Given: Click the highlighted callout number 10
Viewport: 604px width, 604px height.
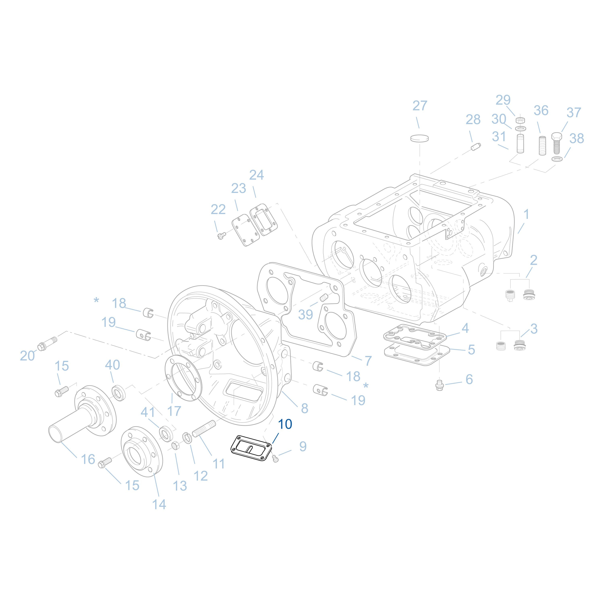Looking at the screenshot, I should coord(285,424).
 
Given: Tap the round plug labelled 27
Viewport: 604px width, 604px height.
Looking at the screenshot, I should coord(419,138).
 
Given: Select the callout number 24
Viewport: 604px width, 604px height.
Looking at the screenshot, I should coord(256,175).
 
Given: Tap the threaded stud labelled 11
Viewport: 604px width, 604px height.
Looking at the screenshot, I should coord(203,429).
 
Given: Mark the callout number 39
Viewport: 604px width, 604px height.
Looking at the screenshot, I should coord(305,314).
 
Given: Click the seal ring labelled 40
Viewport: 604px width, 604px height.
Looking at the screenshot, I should coord(119,393).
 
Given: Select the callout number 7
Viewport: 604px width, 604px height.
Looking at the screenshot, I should coord(368,361).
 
